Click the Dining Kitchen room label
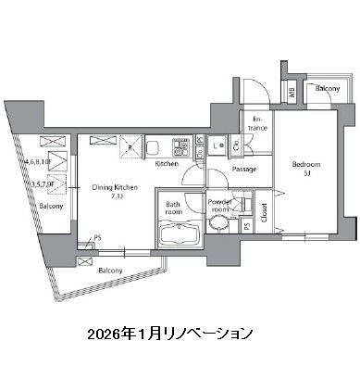(x=114, y=187)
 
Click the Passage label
(x=244, y=170)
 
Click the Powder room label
(x=219, y=207)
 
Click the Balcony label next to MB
(x=327, y=89)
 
